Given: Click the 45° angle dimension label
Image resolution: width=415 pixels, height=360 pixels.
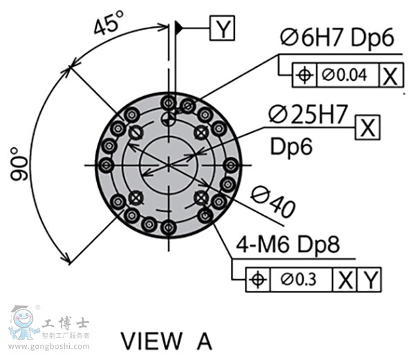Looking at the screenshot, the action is [x=109, y=23].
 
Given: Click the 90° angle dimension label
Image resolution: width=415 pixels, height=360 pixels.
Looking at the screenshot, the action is [x=19, y=164].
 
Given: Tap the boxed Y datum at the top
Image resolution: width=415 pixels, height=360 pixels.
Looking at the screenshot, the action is [x=222, y=28].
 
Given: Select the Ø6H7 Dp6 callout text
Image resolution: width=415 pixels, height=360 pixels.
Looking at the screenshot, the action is [x=338, y=38].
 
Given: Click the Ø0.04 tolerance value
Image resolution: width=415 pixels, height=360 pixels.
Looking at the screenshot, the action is [x=344, y=75].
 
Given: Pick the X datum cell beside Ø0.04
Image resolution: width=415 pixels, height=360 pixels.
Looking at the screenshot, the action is [x=391, y=75].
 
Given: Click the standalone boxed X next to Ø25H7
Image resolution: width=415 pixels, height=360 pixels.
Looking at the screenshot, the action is [x=368, y=127].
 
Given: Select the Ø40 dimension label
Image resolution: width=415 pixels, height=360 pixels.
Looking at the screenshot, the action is [x=273, y=201].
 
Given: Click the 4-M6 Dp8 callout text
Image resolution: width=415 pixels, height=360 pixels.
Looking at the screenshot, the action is [x=288, y=244].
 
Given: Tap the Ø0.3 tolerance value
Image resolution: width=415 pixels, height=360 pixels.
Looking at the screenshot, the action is [x=298, y=279].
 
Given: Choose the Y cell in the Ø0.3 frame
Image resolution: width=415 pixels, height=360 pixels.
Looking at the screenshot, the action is [x=369, y=280].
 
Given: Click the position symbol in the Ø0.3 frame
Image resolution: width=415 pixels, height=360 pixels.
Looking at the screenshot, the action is [x=258, y=279].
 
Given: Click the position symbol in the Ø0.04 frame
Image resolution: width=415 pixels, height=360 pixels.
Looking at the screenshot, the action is [x=304, y=75].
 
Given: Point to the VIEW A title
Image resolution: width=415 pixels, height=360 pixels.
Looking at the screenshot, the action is [x=166, y=341].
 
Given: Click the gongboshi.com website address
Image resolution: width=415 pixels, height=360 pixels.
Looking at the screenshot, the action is [x=49, y=346].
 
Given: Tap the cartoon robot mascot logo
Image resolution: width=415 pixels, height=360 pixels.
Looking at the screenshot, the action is [x=23, y=323].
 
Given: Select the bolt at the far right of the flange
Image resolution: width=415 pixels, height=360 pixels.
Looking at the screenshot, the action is [x=231, y=165].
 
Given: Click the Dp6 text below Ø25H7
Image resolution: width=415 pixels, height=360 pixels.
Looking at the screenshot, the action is [x=291, y=147].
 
